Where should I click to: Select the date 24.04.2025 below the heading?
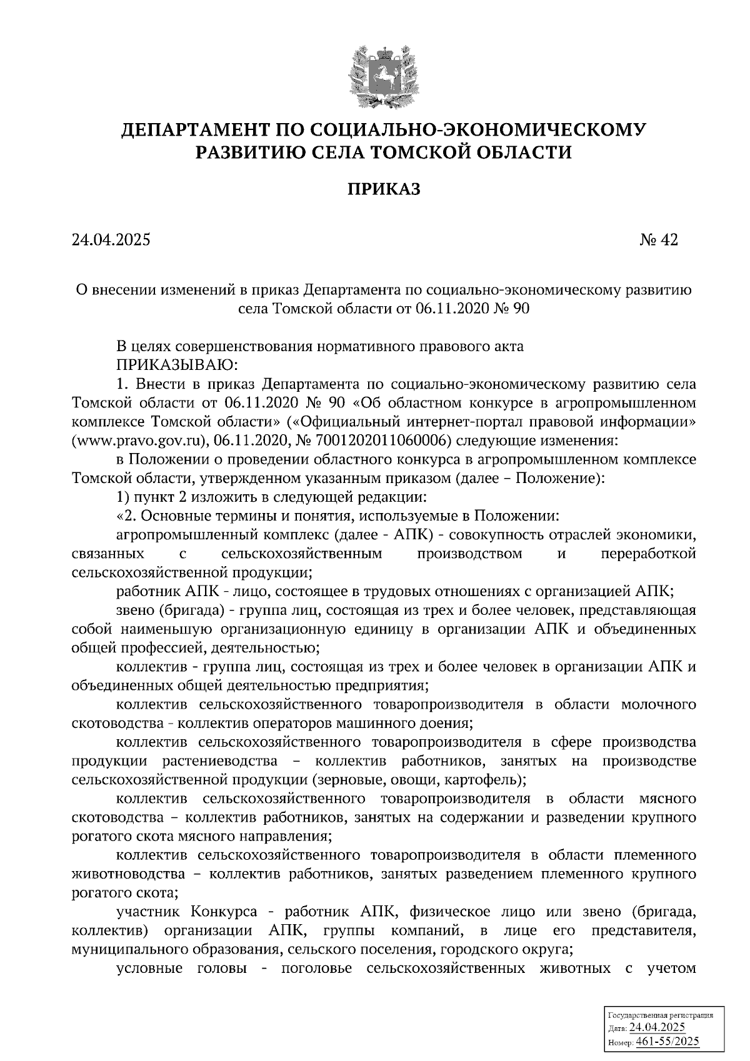tap(111, 240)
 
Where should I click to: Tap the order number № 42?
tap(659, 240)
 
